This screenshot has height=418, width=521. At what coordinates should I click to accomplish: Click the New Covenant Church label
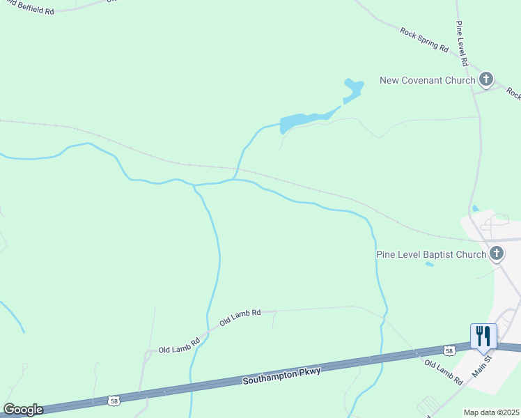point(427,80)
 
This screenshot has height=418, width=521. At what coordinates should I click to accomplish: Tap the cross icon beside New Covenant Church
point(486,79)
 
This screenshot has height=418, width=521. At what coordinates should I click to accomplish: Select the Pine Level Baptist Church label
point(430,254)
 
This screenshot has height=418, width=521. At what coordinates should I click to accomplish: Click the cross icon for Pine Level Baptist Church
point(497,253)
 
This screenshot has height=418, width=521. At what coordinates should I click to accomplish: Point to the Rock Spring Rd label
point(424,39)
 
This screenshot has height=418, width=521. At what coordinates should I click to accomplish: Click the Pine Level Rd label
point(463,43)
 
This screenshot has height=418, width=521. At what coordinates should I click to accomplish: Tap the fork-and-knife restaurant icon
point(483,336)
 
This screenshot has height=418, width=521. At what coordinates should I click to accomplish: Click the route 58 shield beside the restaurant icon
point(450,349)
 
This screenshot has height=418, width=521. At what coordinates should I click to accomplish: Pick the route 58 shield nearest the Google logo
point(113,401)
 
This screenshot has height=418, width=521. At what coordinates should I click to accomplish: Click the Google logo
point(23,410)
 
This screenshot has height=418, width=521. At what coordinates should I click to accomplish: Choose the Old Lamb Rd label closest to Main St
point(443,373)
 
